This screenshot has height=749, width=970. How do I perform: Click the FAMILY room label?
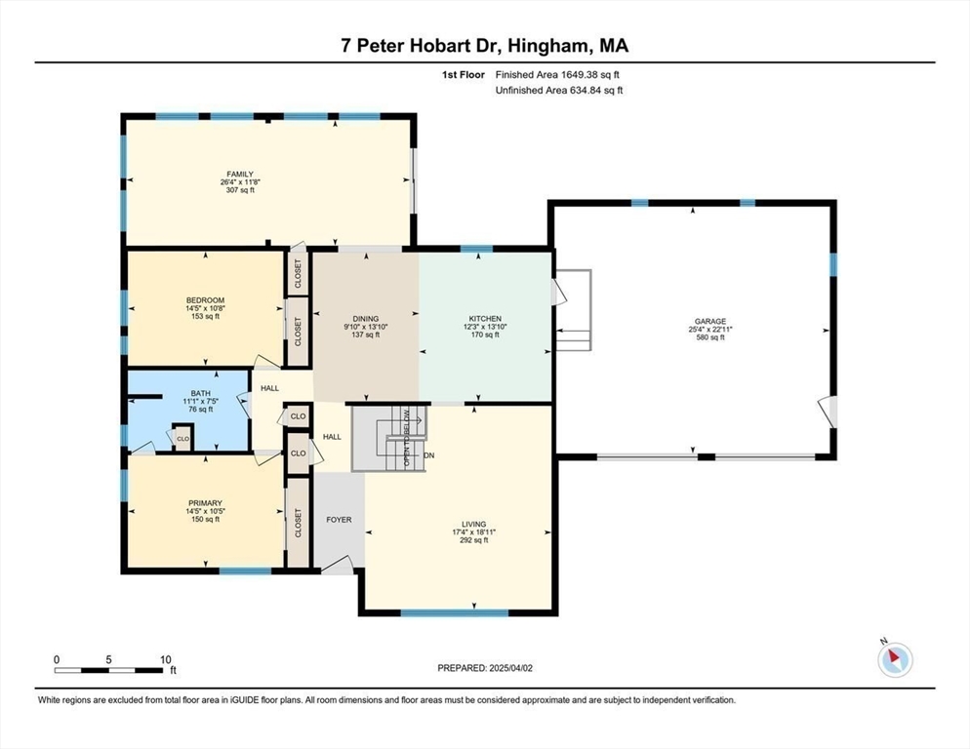pyautogui.click(x=240, y=175)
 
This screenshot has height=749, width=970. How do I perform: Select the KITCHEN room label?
pyautogui.click(x=485, y=319)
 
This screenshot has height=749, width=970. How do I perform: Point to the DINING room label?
pyautogui.click(x=366, y=319)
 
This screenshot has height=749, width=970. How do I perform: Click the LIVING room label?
pyautogui.click(x=474, y=524)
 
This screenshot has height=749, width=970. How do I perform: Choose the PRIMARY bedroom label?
pyautogui.click(x=205, y=504)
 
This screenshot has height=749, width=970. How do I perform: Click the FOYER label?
pyautogui.click(x=339, y=520)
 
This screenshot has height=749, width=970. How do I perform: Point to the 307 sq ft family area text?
pyautogui.click(x=240, y=190)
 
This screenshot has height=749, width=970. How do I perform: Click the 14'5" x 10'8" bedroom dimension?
pyautogui.click(x=205, y=308)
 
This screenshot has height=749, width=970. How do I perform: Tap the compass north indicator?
pyautogui.click(x=894, y=659)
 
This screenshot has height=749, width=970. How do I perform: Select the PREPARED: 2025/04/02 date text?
pyautogui.click(x=484, y=668)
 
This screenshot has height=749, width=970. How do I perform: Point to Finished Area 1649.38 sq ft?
pyautogui.click(x=558, y=74)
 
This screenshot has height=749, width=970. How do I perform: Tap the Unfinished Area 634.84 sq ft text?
pyautogui.click(x=558, y=91)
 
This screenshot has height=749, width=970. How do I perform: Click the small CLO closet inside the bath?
pyautogui.click(x=182, y=440)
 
